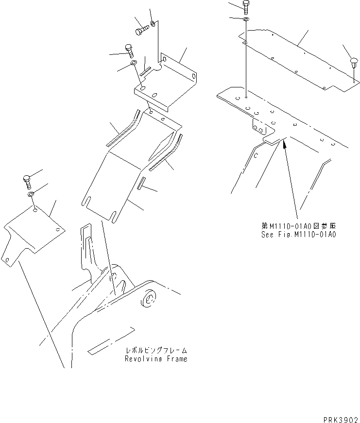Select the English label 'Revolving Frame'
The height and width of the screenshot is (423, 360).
[x=156, y=359]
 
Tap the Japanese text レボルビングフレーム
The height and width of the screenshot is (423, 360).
[x=156, y=351]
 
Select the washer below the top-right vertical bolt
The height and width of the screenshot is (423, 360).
[x=246, y=19]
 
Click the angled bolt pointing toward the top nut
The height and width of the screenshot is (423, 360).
[x=140, y=31]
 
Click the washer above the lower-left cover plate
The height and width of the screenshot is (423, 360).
[x=31, y=195]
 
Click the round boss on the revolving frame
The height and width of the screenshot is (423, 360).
[x=149, y=300]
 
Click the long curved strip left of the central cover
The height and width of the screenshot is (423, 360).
[x=123, y=129]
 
